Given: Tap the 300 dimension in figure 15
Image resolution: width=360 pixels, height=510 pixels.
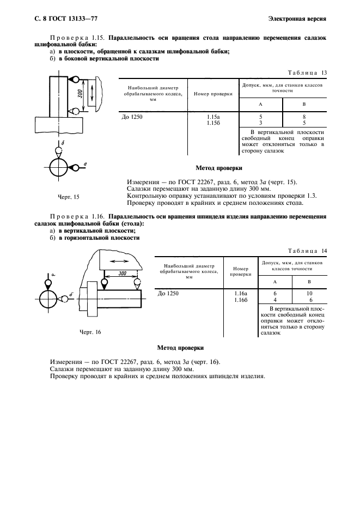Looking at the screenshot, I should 80,94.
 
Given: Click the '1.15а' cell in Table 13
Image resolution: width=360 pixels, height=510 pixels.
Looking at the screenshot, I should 213,117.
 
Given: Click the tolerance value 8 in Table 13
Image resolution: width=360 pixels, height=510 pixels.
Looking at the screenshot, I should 304,117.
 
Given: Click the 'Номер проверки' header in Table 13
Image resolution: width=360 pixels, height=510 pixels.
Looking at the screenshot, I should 213,94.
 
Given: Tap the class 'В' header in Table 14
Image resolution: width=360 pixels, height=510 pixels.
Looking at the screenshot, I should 309,281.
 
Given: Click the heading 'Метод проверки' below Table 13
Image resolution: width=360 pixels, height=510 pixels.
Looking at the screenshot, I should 219,168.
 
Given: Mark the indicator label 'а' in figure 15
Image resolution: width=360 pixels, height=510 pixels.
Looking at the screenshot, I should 87,164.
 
